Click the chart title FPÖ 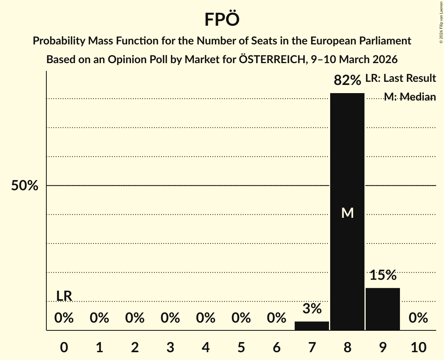[x=222, y=19]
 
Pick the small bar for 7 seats [x=312, y=326]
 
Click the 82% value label [x=347, y=80]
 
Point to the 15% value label [x=383, y=275]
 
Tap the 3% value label [x=312, y=309]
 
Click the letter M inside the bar [x=347, y=213]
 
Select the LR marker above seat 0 [x=64, y=296]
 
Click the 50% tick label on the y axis [x=25, y=186]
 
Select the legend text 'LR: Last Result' [x=400, y=78]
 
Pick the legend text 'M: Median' [x=410, y=97]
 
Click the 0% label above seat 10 [x=418, y=318]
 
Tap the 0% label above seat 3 [x=170, y=318]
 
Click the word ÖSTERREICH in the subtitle [x=265, y=60]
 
